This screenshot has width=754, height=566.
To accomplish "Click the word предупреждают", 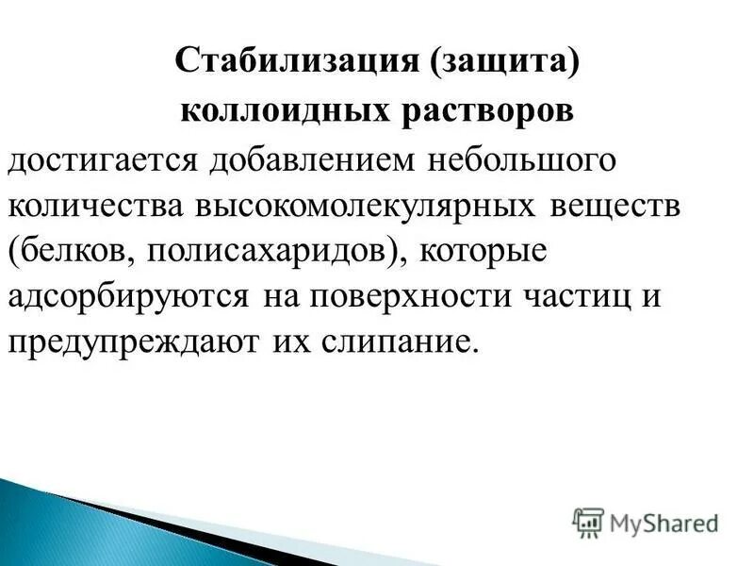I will pos(133,341).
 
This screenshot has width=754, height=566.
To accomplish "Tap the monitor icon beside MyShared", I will pos(588,521).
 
